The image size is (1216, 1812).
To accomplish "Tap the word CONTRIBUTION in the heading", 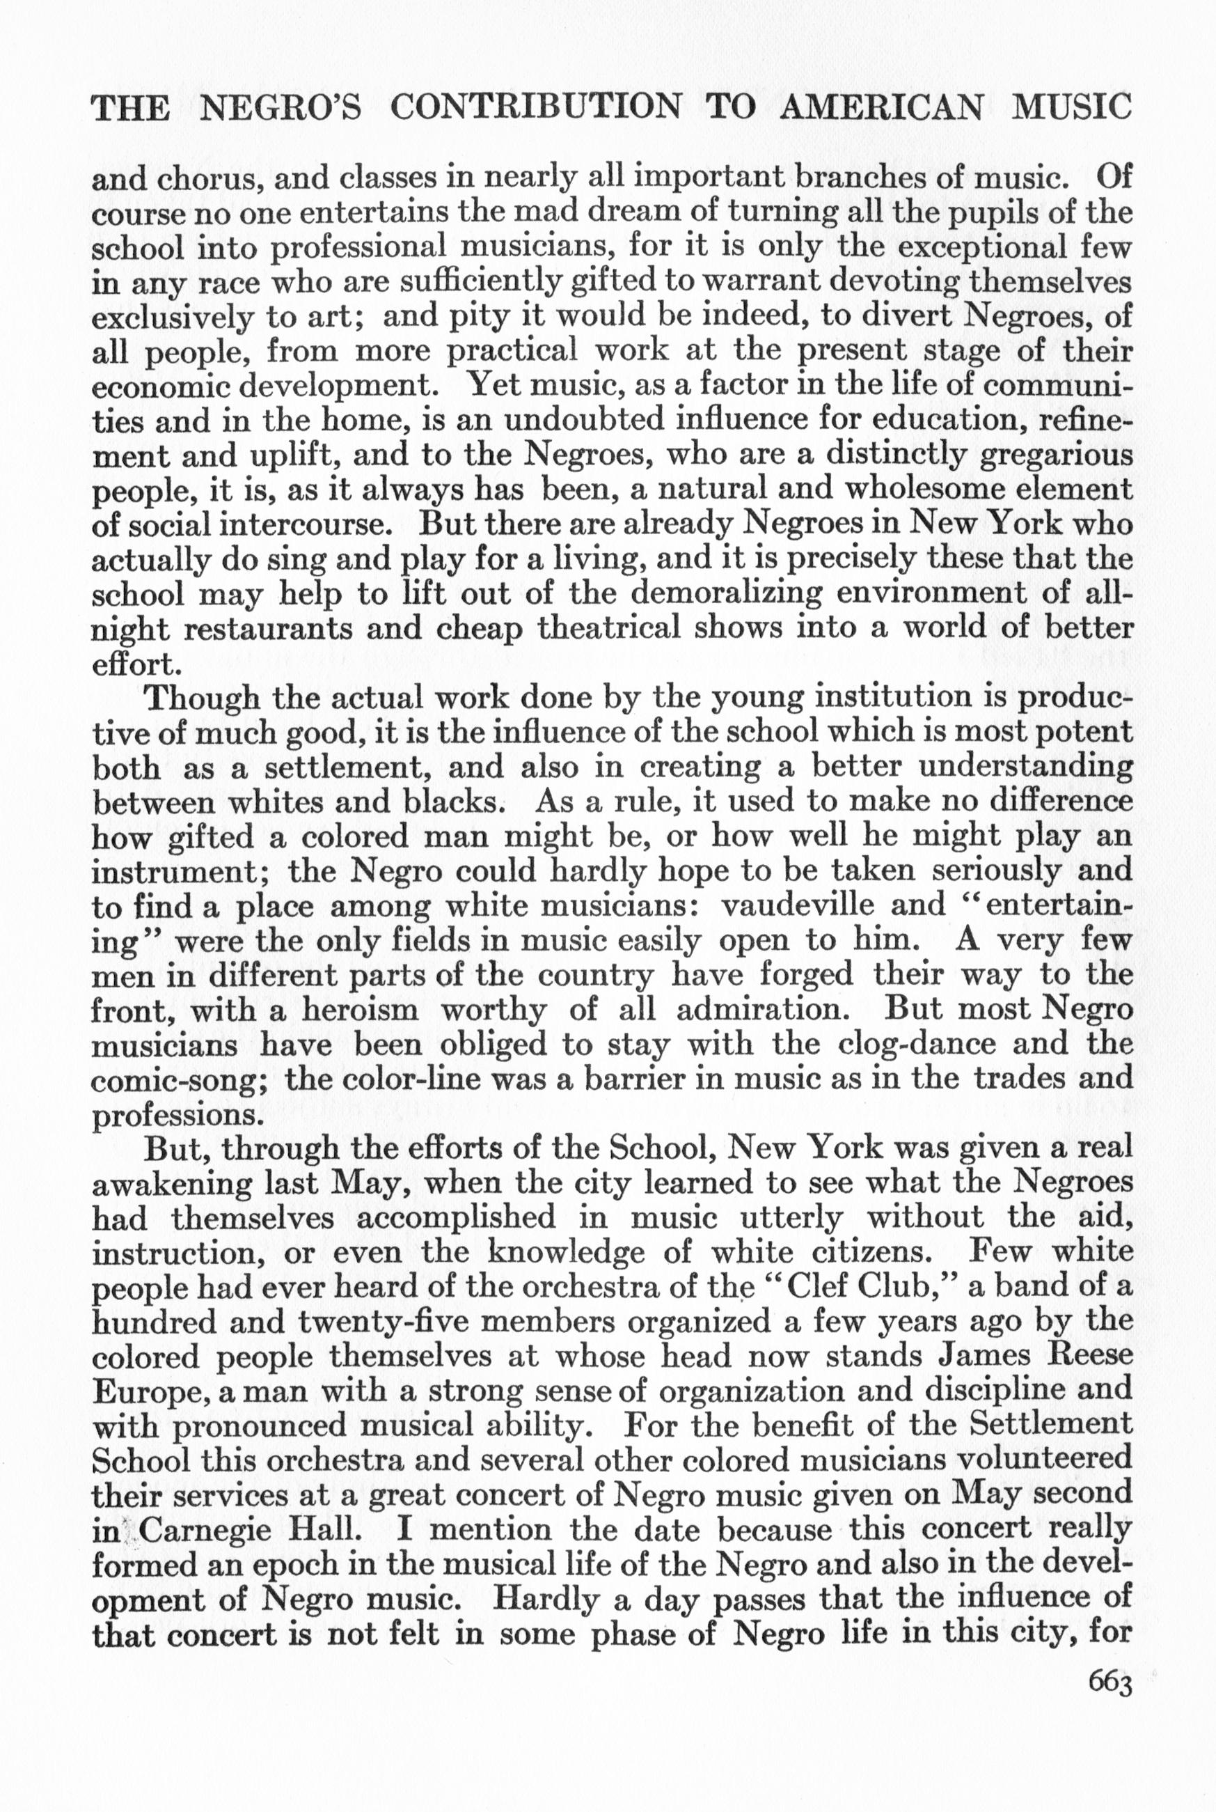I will [x=535, y=108].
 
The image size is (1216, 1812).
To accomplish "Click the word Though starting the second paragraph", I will [x=203, y=699].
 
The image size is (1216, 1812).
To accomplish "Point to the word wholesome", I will [x=933, y=490].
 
